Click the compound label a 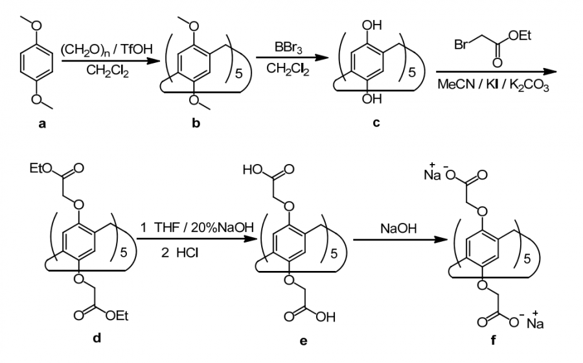[42, 124]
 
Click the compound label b [196, 123]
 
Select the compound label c [376, 123]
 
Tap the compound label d [97, 338]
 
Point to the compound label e [303, 341]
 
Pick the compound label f [493, 340]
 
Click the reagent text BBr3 [288, 48]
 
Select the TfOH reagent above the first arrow [137, 49]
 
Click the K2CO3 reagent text [529, 85]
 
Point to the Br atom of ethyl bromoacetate [461, 45]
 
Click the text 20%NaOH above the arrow [222, 228]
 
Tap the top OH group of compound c [372, 25]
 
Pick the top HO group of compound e [253, 170]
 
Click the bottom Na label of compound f [535, 323]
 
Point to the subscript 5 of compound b [238, 74]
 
